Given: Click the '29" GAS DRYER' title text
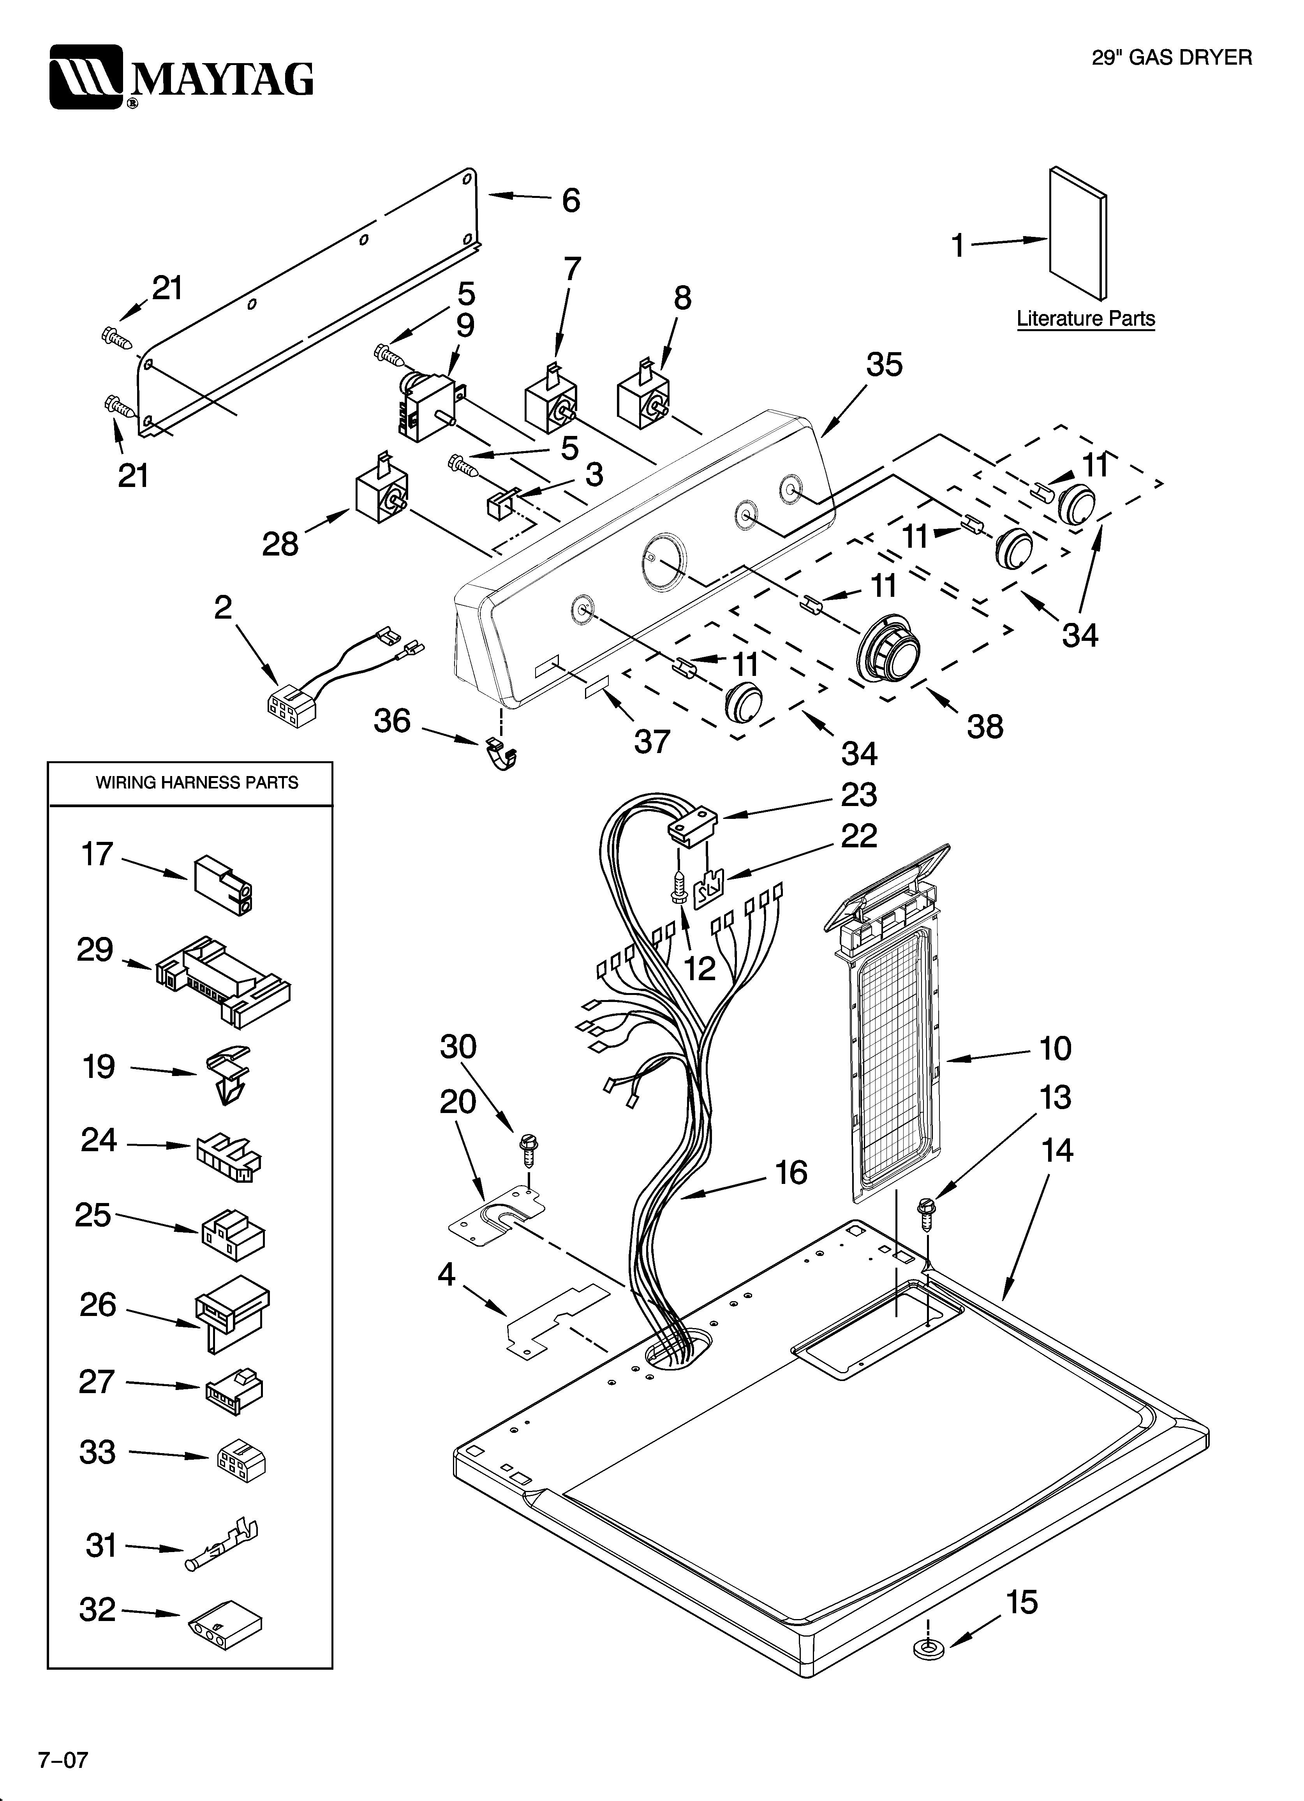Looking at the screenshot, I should pyautogui.click(x=1171, y=57).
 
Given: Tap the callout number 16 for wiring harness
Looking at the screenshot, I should pyautogui.click(x=791, y=1172).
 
